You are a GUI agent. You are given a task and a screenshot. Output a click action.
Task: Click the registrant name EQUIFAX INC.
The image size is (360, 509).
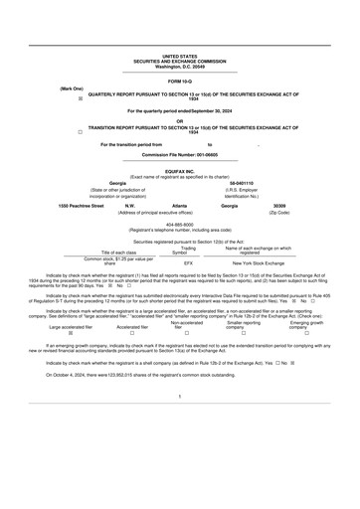180,171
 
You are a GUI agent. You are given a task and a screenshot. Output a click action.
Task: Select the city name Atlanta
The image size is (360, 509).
180,206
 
